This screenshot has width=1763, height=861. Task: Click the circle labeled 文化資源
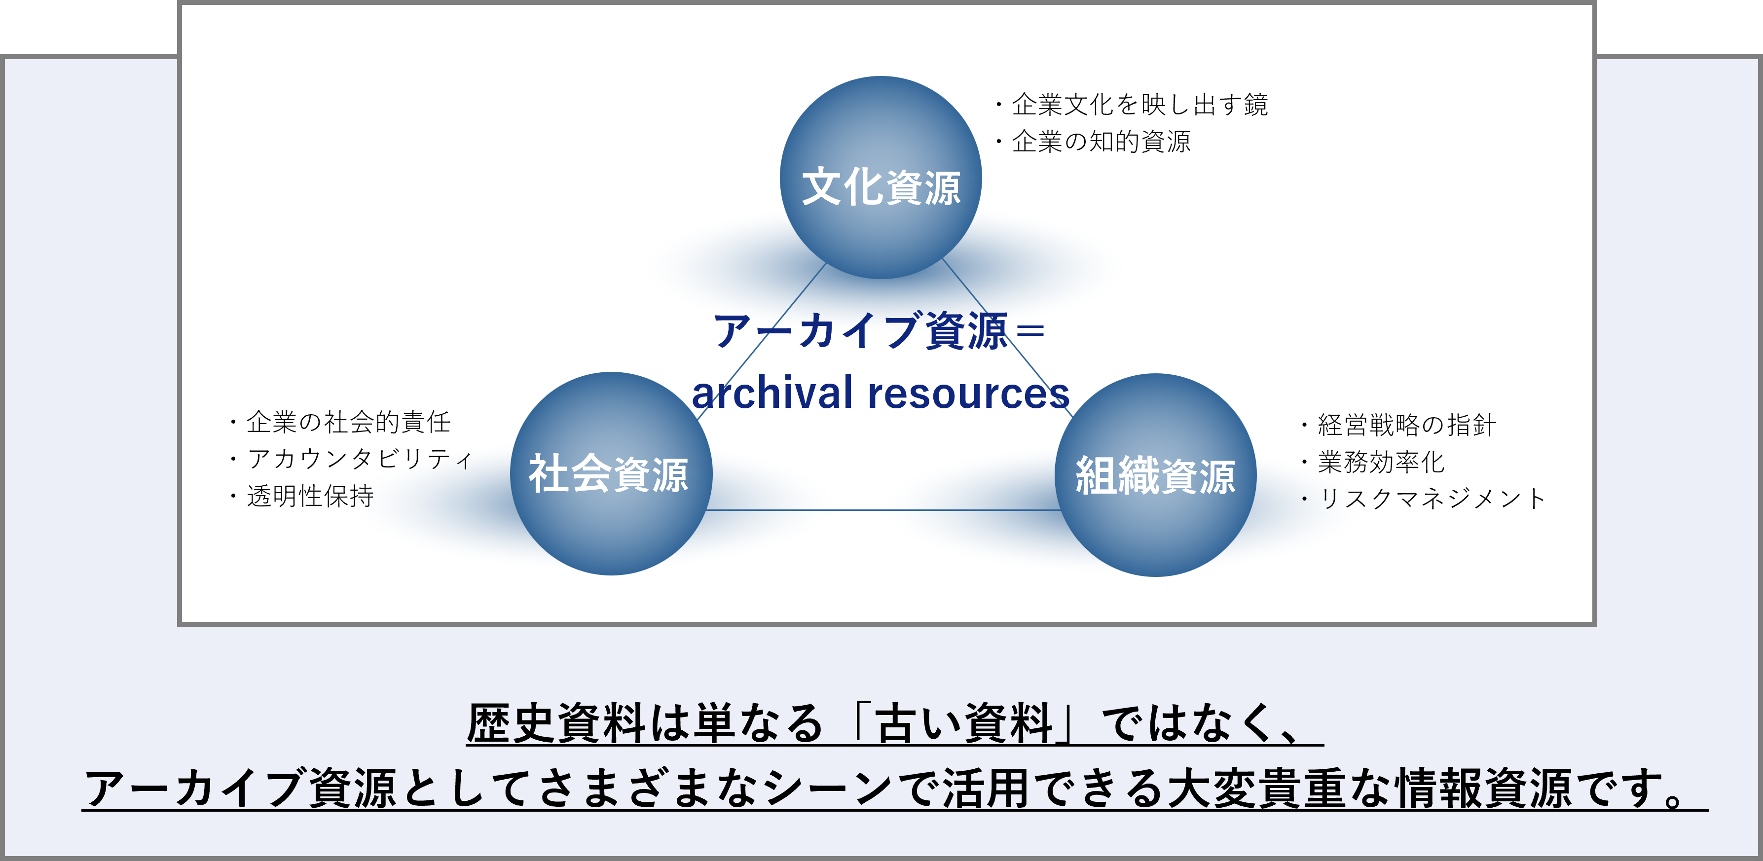coord(881,178)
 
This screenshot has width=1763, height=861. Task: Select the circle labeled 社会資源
coord(611,473)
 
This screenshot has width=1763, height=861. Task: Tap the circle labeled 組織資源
coord(1156,475)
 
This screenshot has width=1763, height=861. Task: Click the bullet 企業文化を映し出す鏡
coord(1139,105)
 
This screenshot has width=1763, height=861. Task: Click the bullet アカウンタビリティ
coord(359,459)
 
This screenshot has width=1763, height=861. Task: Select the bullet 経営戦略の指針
coord(1406,425)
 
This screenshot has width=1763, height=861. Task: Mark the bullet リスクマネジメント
coord(1431,499)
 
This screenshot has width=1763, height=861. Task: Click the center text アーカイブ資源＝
coord(880,331)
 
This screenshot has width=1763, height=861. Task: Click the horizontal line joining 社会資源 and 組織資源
coord(883,510)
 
